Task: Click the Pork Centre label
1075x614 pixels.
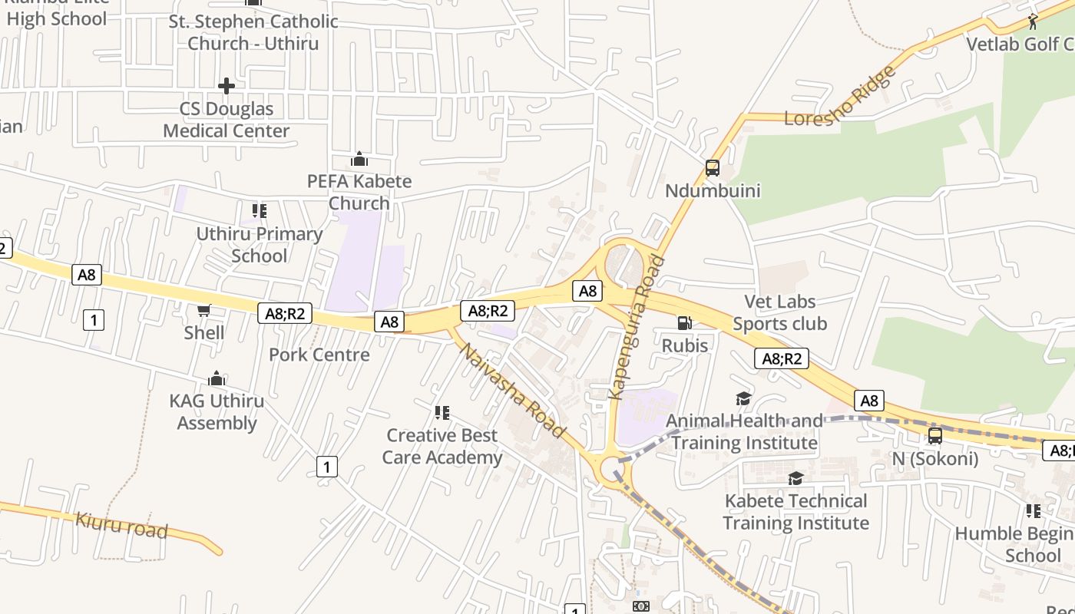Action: click(x=319, y=355)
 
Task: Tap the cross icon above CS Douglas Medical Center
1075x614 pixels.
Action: click(x=227, y=85)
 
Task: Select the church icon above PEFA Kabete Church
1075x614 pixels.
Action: click(x=359, y=160)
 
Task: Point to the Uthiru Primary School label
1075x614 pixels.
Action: click(x=259, y=244)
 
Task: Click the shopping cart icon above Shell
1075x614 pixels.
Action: click(x=203, y=310)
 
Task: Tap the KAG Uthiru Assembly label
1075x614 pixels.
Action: click(x=217, y=411)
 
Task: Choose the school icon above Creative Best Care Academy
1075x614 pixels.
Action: click(x=442, y=413)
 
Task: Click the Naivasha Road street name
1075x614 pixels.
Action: click(x=513, y=391)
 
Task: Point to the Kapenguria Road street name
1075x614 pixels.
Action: click(x=636, y=328)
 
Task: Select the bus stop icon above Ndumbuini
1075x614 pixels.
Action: click(x=712, y=168)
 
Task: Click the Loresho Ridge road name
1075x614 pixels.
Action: click(x=840, y=97)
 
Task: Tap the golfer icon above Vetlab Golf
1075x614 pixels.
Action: click(x=1033, y=21)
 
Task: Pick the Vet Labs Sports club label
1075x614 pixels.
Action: click(x=779, y=312)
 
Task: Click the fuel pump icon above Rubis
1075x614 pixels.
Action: click(x=684, y=324)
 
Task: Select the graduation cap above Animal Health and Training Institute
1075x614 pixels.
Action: click(x=743, y=398)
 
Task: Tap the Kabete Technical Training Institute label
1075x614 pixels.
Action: click(x=795, y=512)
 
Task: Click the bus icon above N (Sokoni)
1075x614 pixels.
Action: click(x=934, y=436)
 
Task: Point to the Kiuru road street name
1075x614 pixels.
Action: click(x=121, y=525)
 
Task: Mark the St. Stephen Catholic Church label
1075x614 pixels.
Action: click(x=253, y=31)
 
